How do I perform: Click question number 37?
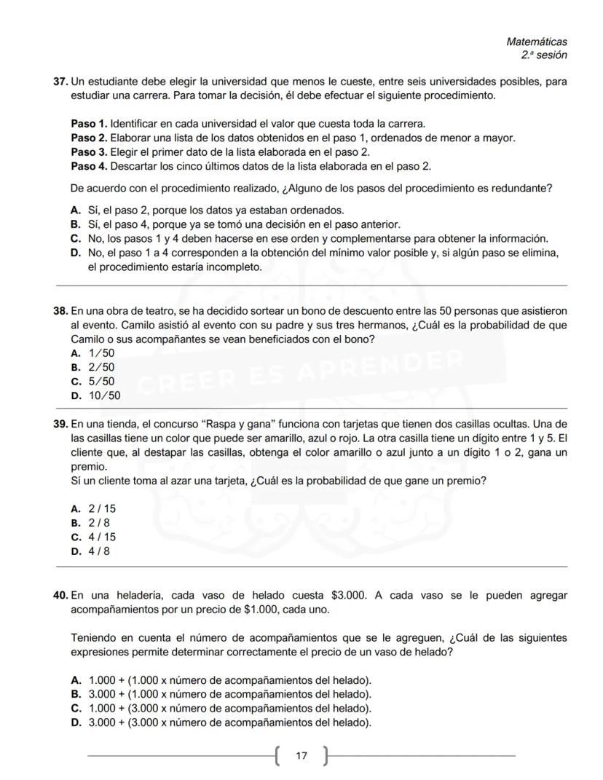pyautogui.click(x=61, y=81)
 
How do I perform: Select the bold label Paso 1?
pyautogui.click(x=89, y=124)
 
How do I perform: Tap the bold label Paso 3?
pyautogui.click(x=89, y=151)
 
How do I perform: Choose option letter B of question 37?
pyautogui.click(x=75, y=224)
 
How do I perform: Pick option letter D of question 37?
pyautogui.click(x=75, y=253)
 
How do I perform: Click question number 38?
pyautogui.click(x=61, y=311)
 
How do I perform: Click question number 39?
pyautogui.click(x=61, y=424)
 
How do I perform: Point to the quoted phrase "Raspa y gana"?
pyautogui.click(x=235, y=424)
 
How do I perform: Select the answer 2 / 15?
pyautogui.click(x=102, y=509)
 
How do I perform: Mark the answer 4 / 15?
pyautogui.click(x=102, y=537)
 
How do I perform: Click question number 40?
pyautogui.click(x=61, y=595)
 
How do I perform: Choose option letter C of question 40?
pyautogui.click(x=75, y=708)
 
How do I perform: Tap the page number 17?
pyautogui.click(x=301, y=756)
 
